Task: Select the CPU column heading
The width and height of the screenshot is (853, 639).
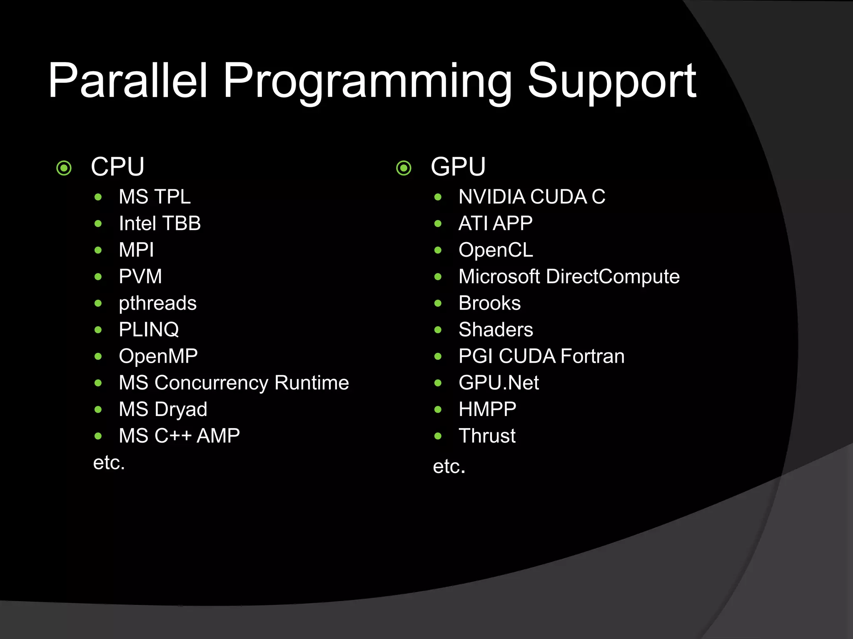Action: point(117,167)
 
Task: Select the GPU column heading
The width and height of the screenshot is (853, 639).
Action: point(458,167)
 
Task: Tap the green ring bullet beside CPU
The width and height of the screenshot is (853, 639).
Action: point(64,168)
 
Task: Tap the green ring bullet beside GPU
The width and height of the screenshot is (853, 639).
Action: point(404,168)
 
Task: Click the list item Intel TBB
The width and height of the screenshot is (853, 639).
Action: point(160,223)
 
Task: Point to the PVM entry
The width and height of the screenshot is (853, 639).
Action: point(140,277)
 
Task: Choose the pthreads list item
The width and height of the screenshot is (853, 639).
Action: point(157,303)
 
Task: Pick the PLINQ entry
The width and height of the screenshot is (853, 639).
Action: point(149,330)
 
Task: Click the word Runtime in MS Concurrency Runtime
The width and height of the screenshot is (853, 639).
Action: point(312,383)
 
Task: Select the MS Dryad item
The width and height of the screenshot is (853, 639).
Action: point(163,409)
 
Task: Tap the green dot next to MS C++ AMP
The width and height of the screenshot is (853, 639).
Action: point(98,436)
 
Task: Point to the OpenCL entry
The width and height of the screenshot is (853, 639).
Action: point(496,250)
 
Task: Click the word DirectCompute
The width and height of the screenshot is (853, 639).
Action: point(613,277)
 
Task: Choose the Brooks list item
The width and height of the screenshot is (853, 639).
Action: point(489,303)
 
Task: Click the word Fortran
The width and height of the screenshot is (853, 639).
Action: point(592,357)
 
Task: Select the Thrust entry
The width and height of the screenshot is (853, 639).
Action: point(487,436)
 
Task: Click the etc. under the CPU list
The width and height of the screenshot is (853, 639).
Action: point(109,463)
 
